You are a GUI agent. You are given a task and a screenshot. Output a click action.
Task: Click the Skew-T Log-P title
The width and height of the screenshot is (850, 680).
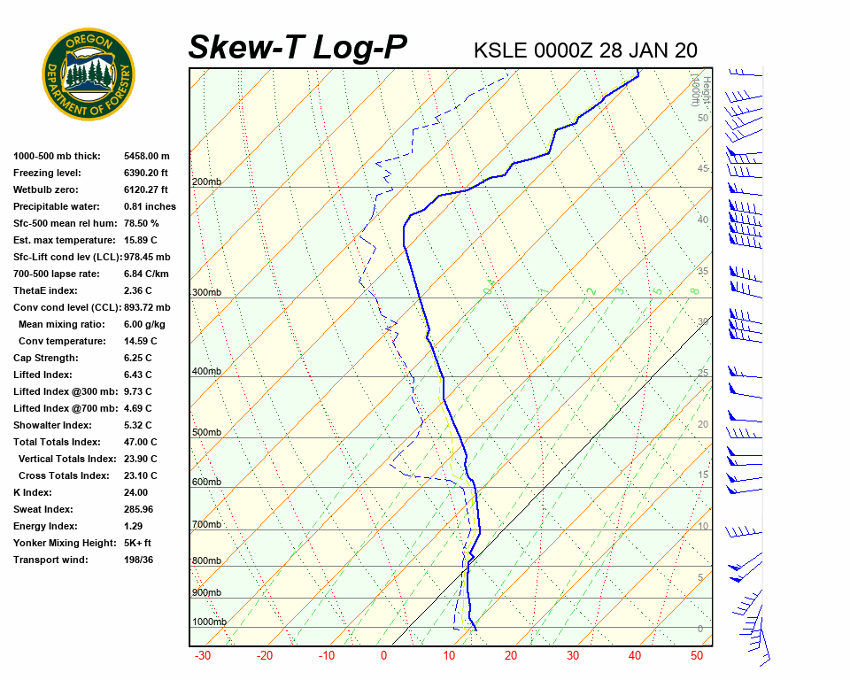[297, 47]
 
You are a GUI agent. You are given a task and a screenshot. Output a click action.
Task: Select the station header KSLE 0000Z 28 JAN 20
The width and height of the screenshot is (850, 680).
[585, 50]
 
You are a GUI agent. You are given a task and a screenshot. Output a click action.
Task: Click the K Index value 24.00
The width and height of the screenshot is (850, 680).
[135, 492]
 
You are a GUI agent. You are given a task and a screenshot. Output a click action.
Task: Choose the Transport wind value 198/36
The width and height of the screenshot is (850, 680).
[139, 560]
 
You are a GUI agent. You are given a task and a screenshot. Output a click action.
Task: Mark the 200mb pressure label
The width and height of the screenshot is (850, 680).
[206, 182]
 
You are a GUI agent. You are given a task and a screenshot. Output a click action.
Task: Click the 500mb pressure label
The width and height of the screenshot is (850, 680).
[206, 433]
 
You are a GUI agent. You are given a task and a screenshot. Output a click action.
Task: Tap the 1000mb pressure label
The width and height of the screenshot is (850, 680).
[209, 622]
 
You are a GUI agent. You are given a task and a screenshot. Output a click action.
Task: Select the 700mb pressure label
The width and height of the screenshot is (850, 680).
[206, 525]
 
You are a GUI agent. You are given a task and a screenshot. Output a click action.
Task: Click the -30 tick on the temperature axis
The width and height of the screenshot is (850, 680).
[202, 656]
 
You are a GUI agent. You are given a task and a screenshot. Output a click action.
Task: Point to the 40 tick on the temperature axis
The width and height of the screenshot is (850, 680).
[634, 656]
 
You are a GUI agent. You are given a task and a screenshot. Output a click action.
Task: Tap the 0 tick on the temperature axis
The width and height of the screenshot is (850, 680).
[384, 656]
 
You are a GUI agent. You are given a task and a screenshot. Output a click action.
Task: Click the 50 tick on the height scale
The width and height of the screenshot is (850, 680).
[702, 118]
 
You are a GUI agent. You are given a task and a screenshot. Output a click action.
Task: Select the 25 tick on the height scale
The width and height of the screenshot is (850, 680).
[702, 374]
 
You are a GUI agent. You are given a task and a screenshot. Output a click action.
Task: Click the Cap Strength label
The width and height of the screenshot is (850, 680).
[45, 358]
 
